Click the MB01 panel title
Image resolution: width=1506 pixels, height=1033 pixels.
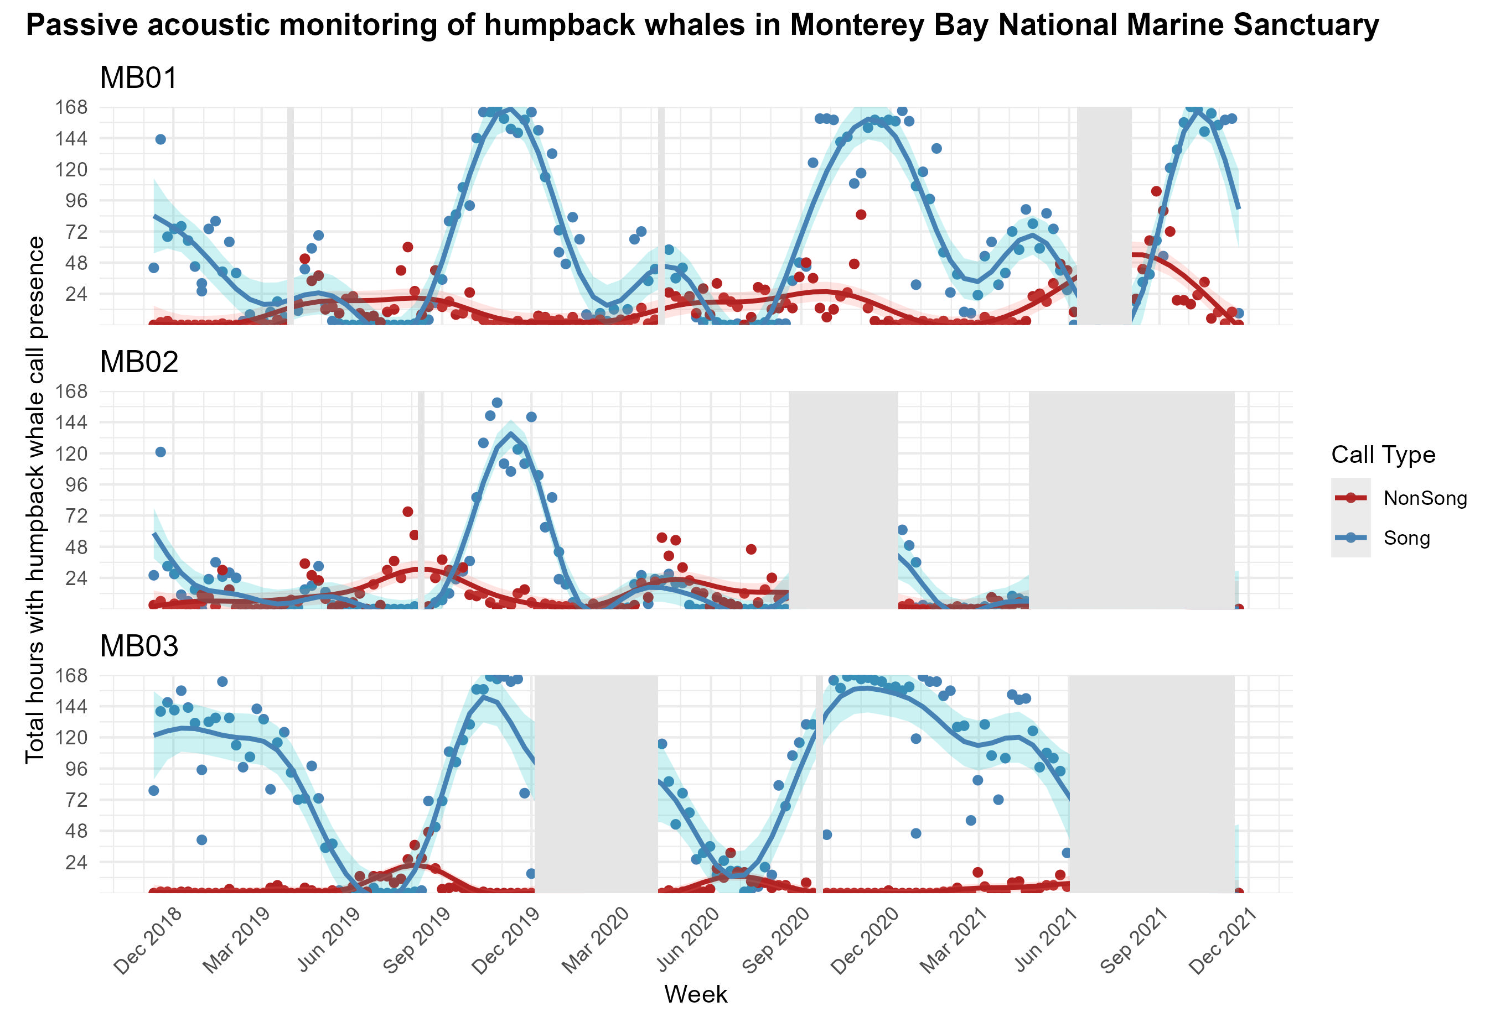(x=138, y=79)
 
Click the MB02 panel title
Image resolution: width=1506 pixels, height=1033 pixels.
(x=139, y=362)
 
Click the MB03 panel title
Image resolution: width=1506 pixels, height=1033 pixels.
(x=139, y=646)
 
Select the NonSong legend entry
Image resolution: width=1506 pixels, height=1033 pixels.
(x=1424, y=498)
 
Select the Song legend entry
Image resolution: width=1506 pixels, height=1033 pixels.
(x=1406, y=538)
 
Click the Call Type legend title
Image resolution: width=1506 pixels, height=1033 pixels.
(x=1383, y=455)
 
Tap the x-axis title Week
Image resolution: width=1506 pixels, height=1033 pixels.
(x=695, y=994)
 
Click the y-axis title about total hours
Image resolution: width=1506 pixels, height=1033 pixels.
(x=35, y=499)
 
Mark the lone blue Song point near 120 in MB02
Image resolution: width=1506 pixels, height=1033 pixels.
(x=161, y=452)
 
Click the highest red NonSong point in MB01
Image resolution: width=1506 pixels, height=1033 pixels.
(x=1156, y=191)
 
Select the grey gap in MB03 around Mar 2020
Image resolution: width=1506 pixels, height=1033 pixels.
(x=596, y=784)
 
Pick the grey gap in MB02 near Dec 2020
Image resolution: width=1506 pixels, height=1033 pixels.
(x=843, y=499)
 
